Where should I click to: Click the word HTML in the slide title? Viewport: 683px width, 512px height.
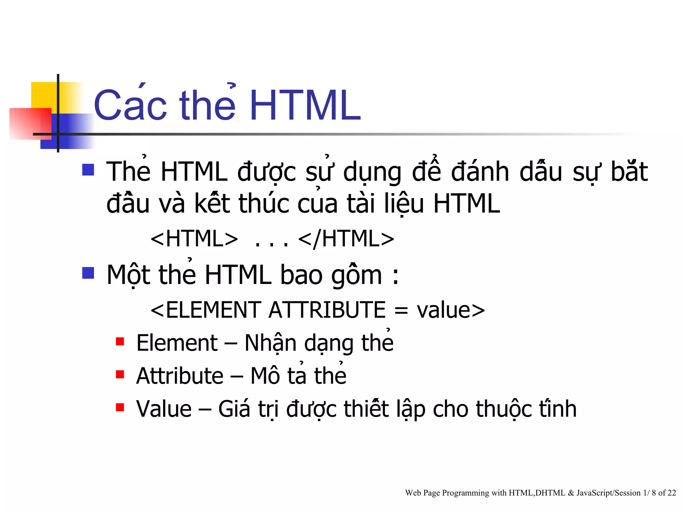305,105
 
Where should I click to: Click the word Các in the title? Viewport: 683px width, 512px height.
130,105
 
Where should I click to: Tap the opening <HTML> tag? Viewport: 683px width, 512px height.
194,239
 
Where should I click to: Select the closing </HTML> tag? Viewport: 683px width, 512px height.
346,239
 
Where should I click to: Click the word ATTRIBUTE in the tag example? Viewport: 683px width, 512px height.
327,310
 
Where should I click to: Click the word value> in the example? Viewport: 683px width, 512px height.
451,310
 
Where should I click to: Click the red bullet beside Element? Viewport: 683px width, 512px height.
120,341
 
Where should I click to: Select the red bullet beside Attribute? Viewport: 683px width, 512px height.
120,374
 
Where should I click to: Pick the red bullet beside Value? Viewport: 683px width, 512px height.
120,407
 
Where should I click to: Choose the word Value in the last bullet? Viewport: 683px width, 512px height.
164,409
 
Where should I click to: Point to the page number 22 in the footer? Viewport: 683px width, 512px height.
672,493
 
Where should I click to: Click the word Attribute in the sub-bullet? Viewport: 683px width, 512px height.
179,376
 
